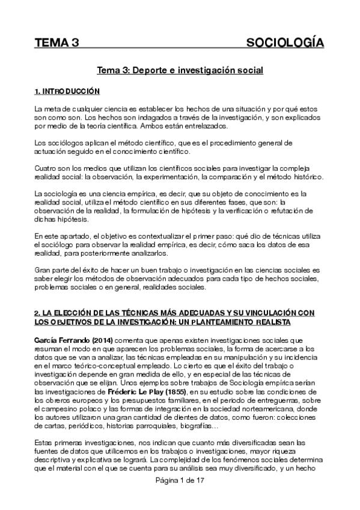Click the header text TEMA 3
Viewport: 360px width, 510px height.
56,43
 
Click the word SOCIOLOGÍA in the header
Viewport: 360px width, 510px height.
285,43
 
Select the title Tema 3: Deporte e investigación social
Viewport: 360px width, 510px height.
180,70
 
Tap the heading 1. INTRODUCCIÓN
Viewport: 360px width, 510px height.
66,91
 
